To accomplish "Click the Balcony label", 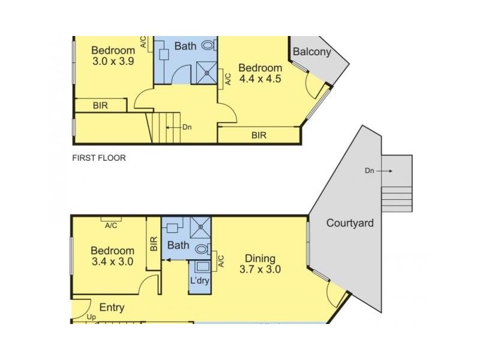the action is tap(311, 52).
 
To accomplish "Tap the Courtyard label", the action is tap(350, 223).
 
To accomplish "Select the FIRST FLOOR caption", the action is tap(99, 158).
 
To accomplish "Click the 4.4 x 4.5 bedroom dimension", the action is tap(260, 79).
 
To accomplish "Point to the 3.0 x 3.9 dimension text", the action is tap(113, 61).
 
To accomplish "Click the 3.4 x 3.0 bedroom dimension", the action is tap(112, 262).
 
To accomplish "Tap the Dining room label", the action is tap(260, 259).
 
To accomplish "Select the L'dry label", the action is tap(200, 280).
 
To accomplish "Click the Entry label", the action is tap(112, 307).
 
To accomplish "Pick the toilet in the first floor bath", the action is tap(209, 46).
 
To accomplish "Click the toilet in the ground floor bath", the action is tap(203, 248).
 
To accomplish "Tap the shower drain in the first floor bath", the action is tap(206, 73).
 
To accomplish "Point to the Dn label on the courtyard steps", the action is tap(370, 170).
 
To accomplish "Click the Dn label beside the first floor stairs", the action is tap(187, 127).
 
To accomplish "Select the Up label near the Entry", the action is tap(91, 317).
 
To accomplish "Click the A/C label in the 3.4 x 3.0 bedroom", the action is tap(111, 226).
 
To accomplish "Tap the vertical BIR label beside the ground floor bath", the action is tap(154, 244).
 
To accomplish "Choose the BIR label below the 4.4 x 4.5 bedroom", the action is tap(259, 136).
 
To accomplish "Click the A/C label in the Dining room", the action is tap(221, 261).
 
